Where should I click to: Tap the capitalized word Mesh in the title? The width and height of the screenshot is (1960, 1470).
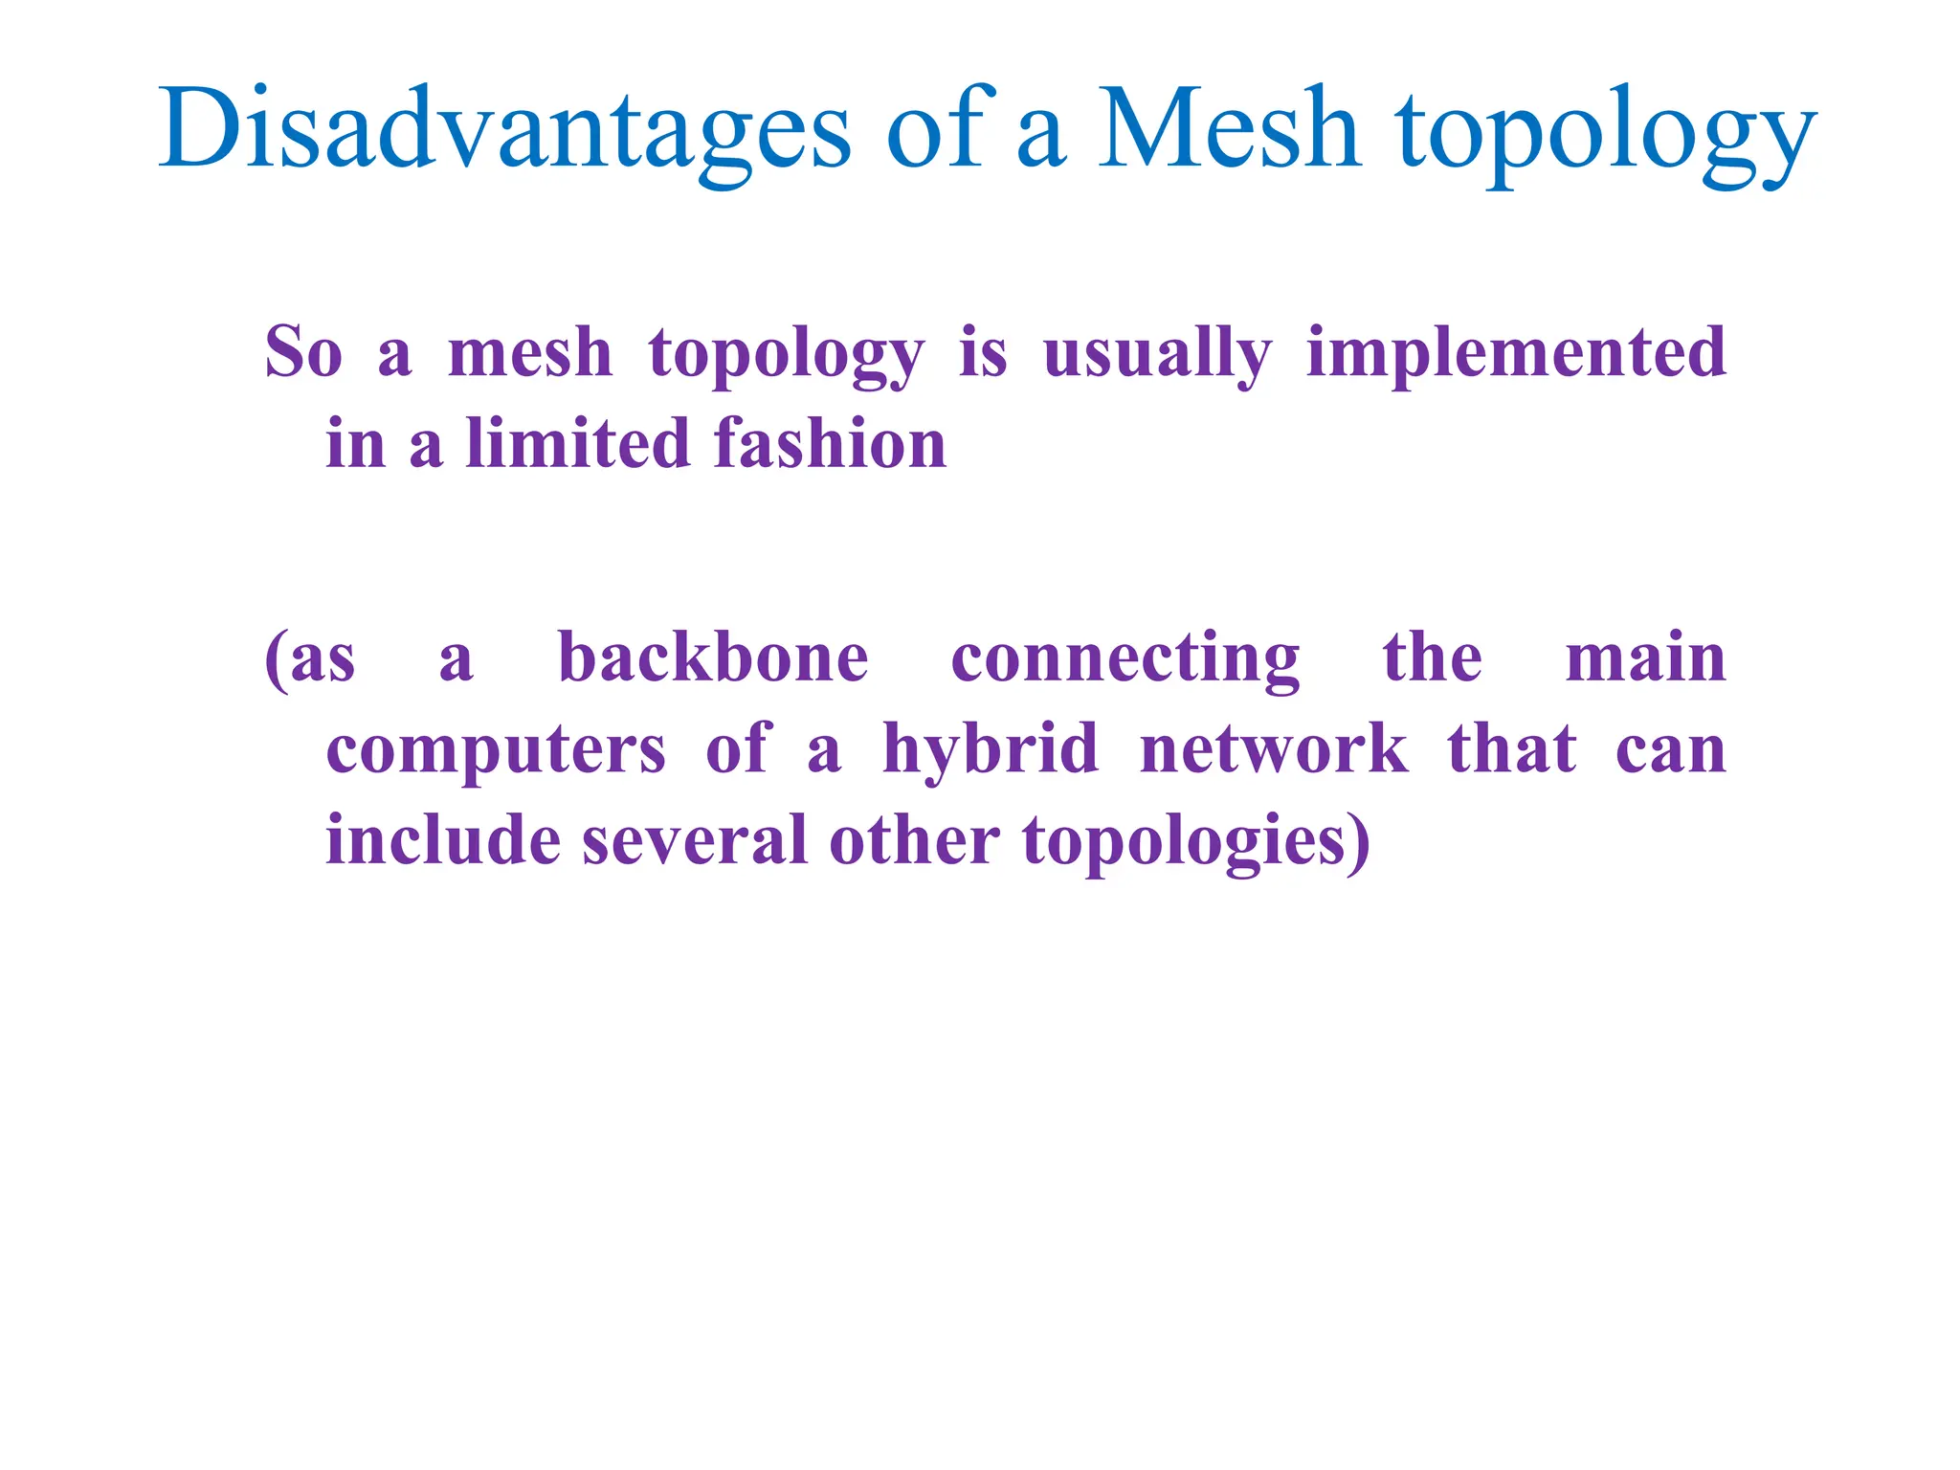click(1230, 128)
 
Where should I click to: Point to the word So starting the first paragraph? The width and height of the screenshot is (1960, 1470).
click(303, 352)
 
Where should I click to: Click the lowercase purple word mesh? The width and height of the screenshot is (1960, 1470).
click(530, 352)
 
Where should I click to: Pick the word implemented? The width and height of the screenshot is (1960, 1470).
click(1516, 354)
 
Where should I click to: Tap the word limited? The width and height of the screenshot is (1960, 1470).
click(578, 443)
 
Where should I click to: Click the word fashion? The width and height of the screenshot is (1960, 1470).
click(830, 443)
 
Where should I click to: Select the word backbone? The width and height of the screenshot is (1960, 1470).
click(713, 657)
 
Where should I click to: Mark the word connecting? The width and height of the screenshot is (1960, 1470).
click(1125, 659)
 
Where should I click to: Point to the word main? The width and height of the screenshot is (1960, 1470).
click(1645, 657)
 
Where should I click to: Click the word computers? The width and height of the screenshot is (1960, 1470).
click(496, 749)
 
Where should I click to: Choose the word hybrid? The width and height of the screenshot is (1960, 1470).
click(991, 749)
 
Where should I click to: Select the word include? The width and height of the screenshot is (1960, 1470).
click(443, 839)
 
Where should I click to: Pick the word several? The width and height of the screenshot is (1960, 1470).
click(695, 839)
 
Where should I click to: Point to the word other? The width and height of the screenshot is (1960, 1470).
click(915, 839)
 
